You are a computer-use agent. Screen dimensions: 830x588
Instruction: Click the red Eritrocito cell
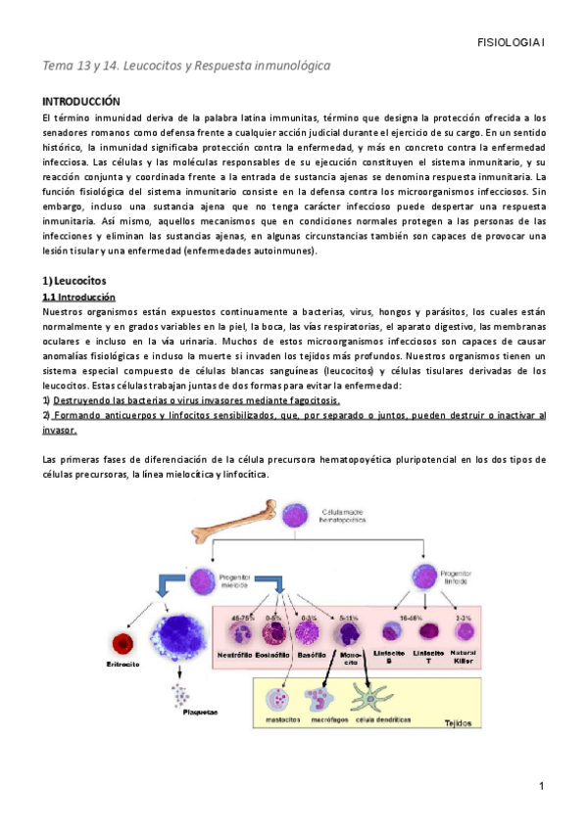coord(124,643)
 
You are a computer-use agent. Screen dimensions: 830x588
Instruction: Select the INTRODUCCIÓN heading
coord(80,101)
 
